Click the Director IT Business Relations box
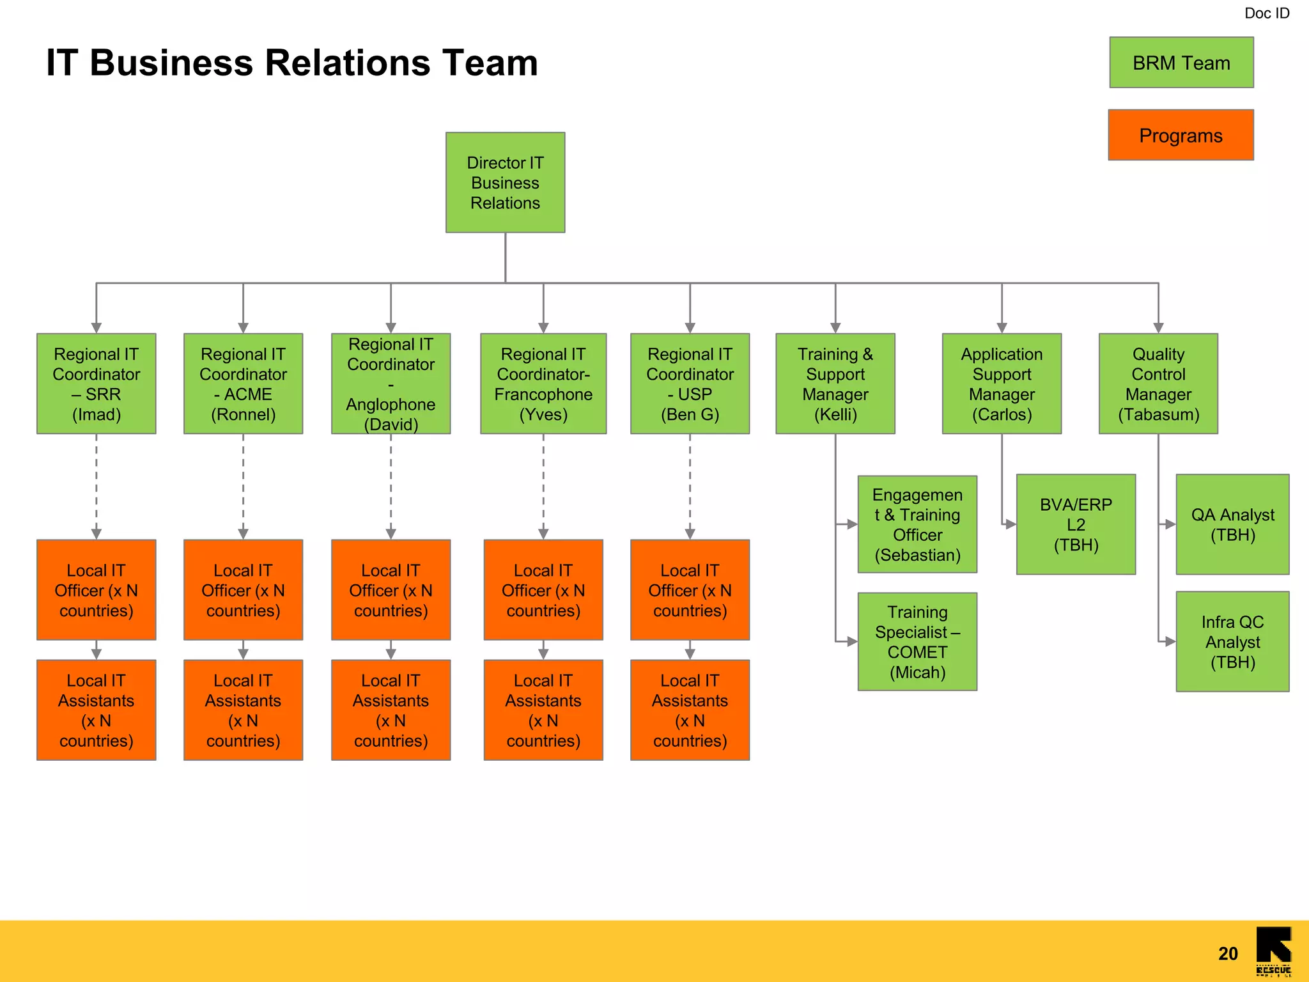[x=505, y=182]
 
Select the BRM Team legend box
[x=1181, y=63]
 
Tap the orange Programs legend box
[x=1181, y=135]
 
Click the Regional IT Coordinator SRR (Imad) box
[x=96, y=384]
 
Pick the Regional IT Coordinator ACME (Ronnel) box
[x=243, y=384]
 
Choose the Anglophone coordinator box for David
[x=391, y=384]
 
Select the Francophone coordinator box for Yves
[x=543, y=384]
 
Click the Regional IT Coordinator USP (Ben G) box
[x=690, y=384]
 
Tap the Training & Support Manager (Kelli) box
[x=835, y=384]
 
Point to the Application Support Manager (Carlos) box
[x=1002, y=384]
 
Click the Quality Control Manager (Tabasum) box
[x=1158, y=384]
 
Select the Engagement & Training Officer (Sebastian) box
[x=917, y=524]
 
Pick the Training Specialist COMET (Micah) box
[x=917, y=641]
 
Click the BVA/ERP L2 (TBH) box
[x=1076, y=524]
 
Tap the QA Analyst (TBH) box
[x=1232, y=524]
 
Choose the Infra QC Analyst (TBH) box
[x=1232, y=641]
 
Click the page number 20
[x=1228, y=954]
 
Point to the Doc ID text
[x=1266, y=13]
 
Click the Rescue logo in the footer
[x=1273, y=951]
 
